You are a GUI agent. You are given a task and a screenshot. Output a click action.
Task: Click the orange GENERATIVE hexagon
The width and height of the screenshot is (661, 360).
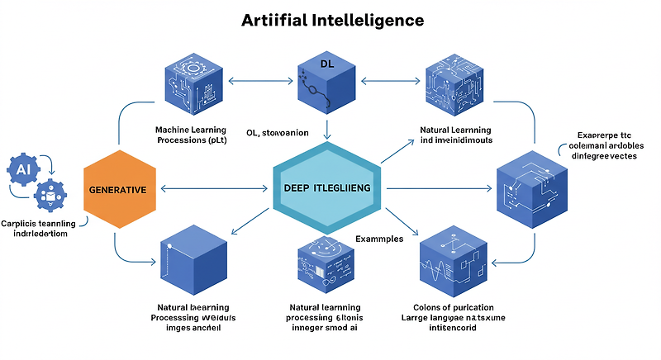click(117, 189)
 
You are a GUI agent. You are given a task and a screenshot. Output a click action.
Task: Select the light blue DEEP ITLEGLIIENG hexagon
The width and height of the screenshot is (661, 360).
click(327, 189)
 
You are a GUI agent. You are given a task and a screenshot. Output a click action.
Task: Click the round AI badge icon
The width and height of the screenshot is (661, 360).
click(21, 168)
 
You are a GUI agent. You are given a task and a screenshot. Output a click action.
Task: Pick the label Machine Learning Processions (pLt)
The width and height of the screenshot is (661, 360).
click(191, 135)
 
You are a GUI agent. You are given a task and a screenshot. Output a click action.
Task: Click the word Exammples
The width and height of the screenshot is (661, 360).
click(379, 239)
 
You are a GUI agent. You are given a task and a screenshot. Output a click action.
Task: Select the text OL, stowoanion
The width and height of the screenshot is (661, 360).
click(277, 132)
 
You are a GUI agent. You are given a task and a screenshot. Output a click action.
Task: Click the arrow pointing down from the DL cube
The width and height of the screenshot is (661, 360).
click(328, 128)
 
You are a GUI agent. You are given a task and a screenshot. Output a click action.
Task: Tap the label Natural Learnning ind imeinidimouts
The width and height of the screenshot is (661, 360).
click(455, 135)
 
